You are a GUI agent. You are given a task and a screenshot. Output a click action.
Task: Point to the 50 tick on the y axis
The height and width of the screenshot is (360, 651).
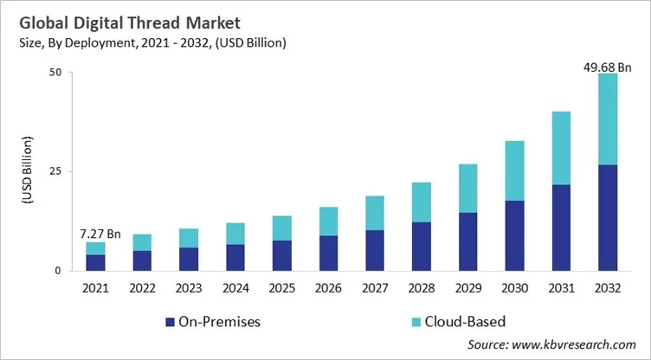pos(54,73)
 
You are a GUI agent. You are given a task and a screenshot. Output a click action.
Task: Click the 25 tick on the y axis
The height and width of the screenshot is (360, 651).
pos(54,171)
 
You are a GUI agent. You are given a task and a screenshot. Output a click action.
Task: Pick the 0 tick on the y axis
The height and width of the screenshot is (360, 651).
pos(57,270)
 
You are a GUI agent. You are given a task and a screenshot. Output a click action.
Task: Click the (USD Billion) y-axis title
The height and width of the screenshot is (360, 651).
pos(25,171)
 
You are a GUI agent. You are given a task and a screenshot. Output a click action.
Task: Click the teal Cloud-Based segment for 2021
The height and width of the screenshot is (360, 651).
pos(95,248)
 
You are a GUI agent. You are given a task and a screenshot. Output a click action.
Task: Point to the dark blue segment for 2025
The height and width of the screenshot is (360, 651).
pos(281,255)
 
